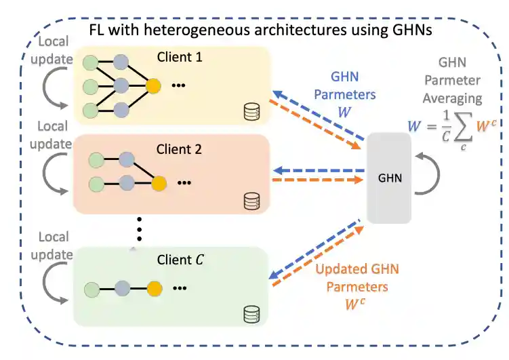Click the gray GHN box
(x=388, y=178)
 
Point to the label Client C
(x=180, y=259)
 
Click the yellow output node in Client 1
(x=154, y=86)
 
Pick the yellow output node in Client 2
(x=159, y=182)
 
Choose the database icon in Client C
(x=252, y=313)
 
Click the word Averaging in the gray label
(x=450, y=98)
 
